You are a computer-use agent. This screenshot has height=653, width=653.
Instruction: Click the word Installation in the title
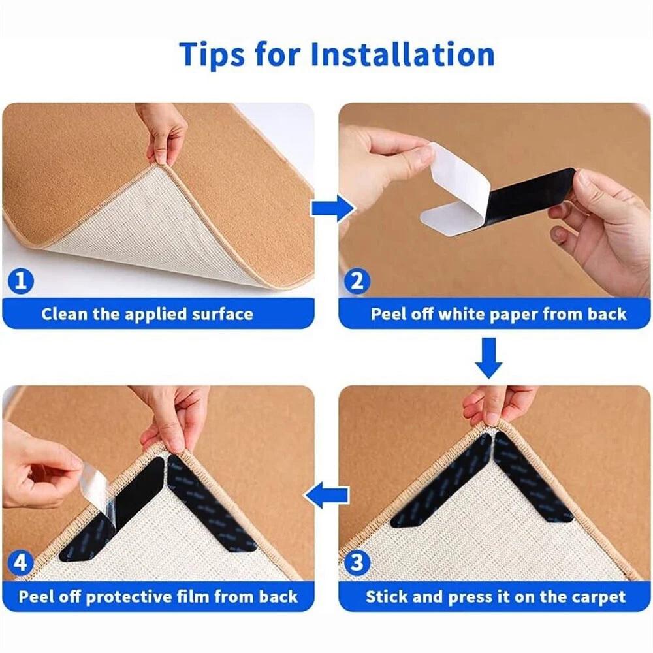pyautogui.click(x=403, y=54)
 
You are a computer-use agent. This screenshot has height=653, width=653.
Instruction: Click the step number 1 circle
pyautogui.click(x=20, y=280)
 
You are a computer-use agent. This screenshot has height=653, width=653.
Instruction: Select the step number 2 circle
pyautogui.click(x=357, y=280)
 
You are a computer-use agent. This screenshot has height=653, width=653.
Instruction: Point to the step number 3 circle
pyautogui.click(x=357, y=563)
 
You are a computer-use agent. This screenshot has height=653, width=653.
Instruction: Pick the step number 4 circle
pyautogui.click(x=20, y=563)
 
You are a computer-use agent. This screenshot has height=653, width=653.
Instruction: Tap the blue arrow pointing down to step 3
pyautogui.click(x=489, y=358)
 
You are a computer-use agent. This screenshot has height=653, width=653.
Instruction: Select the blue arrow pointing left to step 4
pyautogui.click(x=326, y=495)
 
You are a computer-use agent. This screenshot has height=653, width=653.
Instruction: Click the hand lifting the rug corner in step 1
pyautogui.click(x=165, y=134)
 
